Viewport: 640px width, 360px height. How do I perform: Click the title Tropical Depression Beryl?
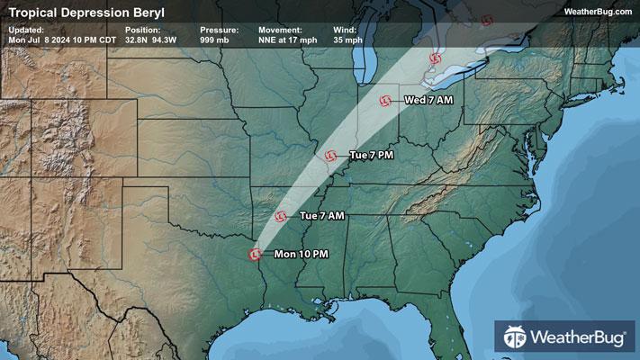(75, 12)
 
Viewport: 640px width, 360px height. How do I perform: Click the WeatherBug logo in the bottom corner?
(568, 337)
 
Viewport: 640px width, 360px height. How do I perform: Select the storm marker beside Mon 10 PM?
(256, 254)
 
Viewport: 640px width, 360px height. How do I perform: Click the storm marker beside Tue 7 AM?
(281, 216)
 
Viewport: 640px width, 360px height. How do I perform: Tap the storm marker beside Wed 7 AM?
(385, 100)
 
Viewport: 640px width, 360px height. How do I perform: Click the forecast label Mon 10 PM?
(301, 254)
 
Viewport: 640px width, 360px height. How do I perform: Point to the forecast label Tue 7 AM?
(322, 216)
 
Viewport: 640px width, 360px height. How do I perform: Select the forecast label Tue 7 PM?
(372, 156)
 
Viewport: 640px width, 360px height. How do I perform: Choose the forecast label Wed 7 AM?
(428, 100)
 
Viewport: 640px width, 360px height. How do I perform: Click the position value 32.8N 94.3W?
(149, 40)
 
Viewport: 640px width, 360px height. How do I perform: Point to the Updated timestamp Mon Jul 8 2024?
(60, 40)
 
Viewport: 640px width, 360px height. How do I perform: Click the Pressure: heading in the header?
(215, 30)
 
